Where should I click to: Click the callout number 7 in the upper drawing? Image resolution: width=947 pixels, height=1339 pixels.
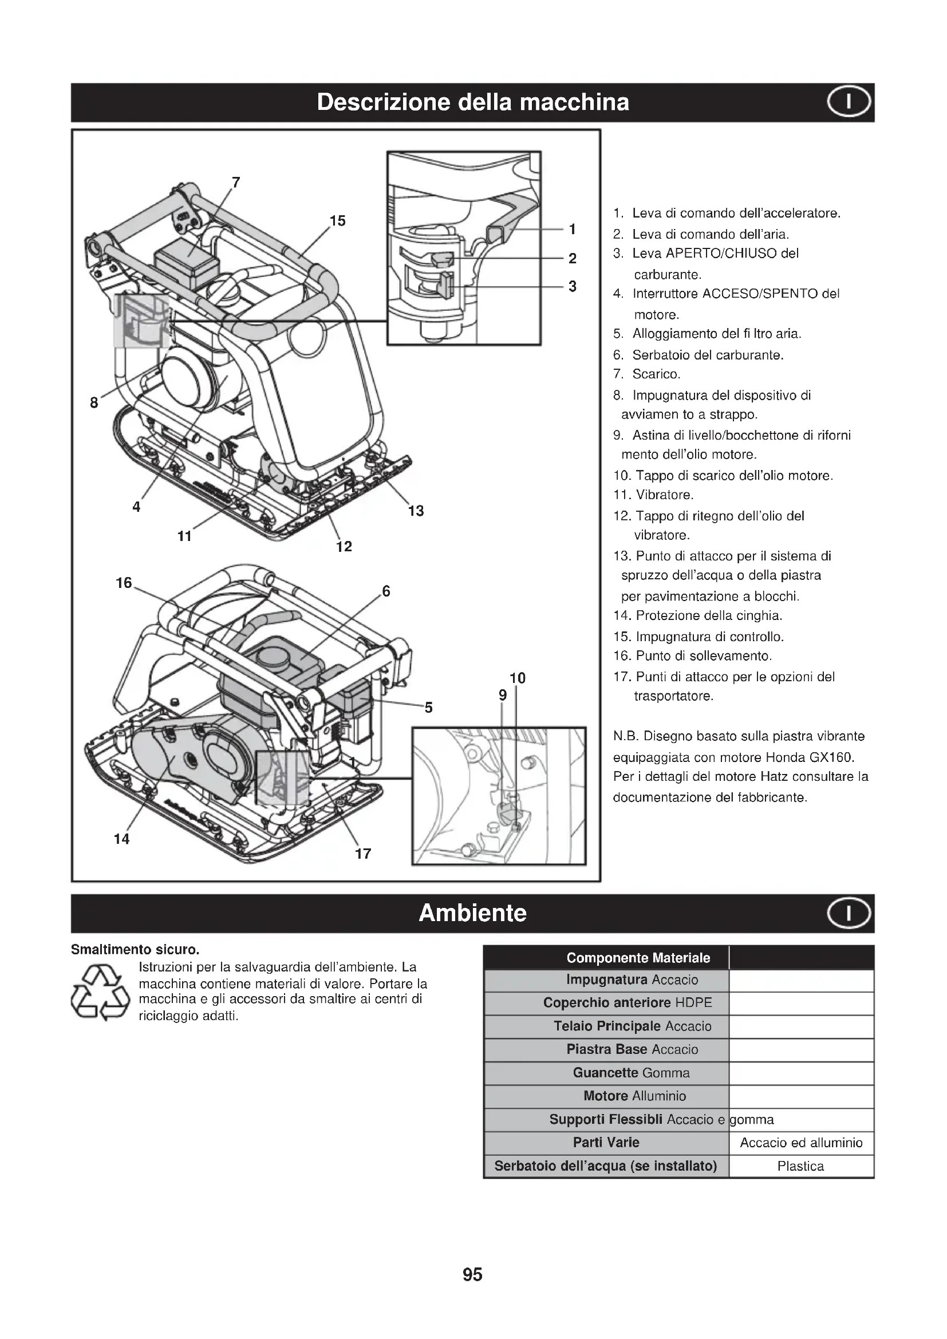[235, 183]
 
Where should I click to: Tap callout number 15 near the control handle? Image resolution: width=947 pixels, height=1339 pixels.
[338, 221]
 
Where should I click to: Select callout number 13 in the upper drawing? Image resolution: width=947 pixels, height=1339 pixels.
[416, 511]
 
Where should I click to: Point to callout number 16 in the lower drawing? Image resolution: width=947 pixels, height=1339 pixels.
[124, 583]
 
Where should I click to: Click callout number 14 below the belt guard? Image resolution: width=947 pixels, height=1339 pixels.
[121, 839]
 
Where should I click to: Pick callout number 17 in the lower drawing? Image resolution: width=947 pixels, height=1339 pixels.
[362, 854]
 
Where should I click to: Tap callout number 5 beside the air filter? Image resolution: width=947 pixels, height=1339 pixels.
[429, 708]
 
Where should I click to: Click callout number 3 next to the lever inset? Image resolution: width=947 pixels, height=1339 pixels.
[572, 286]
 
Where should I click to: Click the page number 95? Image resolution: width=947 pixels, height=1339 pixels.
[472, 1274]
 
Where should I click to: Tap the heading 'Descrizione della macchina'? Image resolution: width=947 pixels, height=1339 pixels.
[473, 102]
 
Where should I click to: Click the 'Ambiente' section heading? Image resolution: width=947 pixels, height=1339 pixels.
[472, 913]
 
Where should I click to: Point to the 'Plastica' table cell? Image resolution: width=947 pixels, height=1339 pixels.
[800, 1166]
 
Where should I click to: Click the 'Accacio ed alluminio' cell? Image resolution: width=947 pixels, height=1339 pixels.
[800, 1143]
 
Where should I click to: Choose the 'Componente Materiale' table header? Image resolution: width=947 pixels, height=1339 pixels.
[638, 958]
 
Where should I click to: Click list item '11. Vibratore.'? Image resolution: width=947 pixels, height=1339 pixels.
[653, 495]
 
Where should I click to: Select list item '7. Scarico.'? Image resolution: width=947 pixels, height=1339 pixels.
[646, 374]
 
